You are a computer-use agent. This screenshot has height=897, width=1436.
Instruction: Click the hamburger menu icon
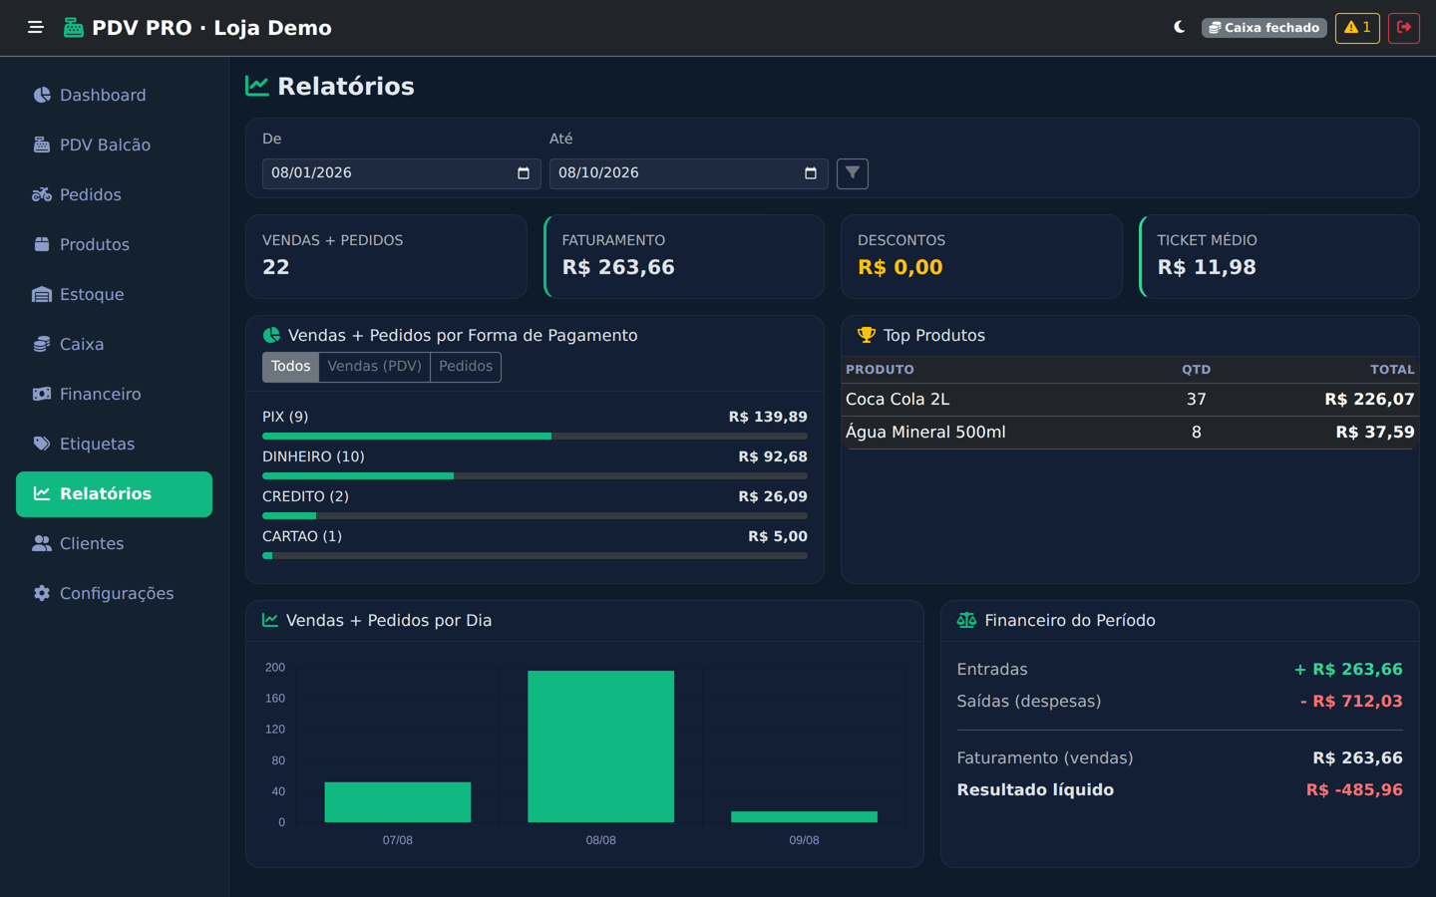(x=36, y=28)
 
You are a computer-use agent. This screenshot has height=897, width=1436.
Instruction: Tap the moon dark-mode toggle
(x=1179, y=28)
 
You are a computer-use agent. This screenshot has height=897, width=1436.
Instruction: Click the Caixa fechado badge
(x=1263, y=28)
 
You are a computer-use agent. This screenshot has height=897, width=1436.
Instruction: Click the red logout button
(x=1403, y=28)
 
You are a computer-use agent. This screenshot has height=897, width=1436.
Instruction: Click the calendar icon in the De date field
(x=524, y=173)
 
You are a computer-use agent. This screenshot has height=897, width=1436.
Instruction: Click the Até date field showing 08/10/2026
(x=688, y=173)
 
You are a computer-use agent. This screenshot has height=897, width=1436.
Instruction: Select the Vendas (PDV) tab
(x=374, y=367)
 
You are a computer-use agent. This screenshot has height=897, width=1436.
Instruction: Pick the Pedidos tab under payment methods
(x=466, y=367)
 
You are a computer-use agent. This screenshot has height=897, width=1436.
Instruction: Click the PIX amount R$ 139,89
(x=768, y=417)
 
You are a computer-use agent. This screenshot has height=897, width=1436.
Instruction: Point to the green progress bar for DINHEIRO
(x=358, y=476)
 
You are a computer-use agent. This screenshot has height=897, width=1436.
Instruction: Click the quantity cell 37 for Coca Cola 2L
(x=1196, y=399)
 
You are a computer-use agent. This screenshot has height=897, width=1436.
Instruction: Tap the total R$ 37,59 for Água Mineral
(x=1374, y=433)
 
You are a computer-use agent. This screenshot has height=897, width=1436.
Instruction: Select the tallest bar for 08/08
(x=600, y=747)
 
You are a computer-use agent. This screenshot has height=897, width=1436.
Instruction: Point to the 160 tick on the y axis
(x=275, y=699)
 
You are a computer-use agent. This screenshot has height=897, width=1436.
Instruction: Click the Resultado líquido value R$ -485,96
(x=1354, y=790)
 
